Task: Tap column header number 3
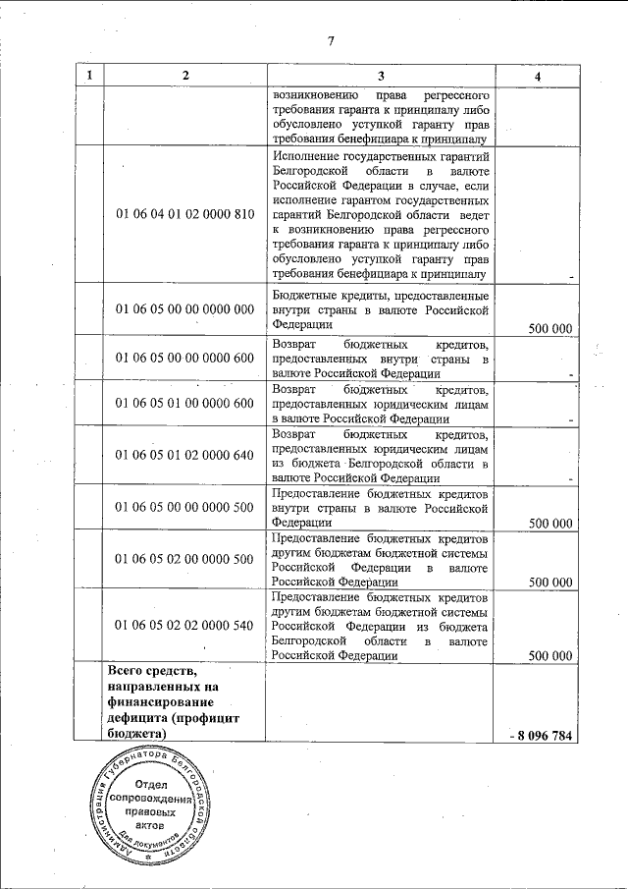pyautogui.click(x=381, y=76)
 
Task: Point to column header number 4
pyautogui.click(x=537, y=76)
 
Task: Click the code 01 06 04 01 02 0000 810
pyautogui.click(x=184, y=214)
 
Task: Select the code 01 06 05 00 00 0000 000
pyautogui.click(x=184, y=309)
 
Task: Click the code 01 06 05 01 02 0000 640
pyautogui.click(x=184, y=455)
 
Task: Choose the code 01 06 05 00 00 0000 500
pyautogui.click(x=184, y=508)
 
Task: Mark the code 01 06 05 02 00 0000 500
pyautogui.click(x=184, y=559)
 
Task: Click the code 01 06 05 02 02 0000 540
pyautogui.click(x=184, y=625)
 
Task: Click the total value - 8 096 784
pyautogui.click(x=542, y=736)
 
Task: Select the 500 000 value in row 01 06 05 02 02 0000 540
pyautogui.click(x=549, y=655)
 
